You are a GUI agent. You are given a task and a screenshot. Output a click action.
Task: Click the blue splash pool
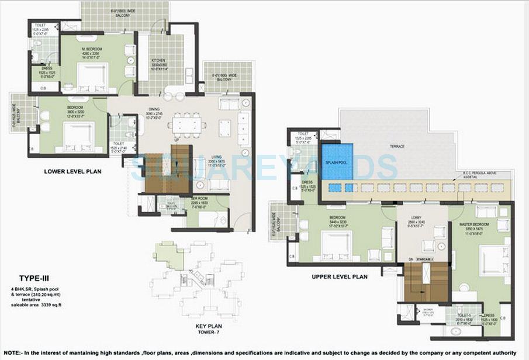(337, 161)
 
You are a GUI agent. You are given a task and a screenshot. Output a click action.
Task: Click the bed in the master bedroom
(493, 261)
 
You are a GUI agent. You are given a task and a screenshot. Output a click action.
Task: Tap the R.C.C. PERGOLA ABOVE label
(475, 174)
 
